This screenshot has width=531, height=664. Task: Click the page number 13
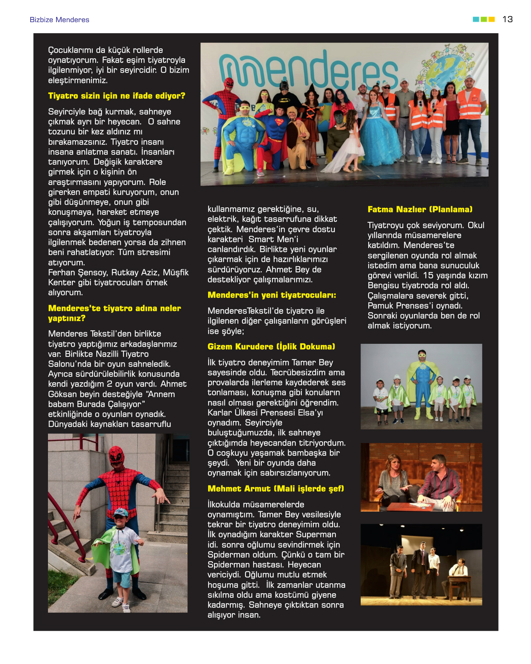507,19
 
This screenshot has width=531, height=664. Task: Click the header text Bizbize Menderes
59,20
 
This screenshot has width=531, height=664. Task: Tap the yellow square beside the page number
492,19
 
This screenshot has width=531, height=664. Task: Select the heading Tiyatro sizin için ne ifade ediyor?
117,96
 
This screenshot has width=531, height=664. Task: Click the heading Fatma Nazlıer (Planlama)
420,210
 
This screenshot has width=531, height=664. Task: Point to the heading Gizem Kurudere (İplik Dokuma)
271,347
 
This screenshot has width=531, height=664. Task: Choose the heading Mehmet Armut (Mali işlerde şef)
276,489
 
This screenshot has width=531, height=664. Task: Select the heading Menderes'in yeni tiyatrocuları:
272,295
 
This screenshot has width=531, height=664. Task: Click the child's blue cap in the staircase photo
120,512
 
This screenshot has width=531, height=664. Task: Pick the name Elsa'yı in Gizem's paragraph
310,413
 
